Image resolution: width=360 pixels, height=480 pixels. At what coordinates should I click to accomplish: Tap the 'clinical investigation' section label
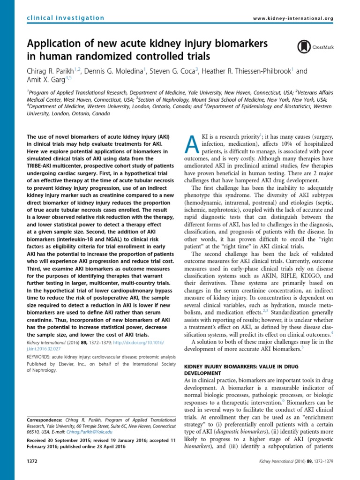point(66,18)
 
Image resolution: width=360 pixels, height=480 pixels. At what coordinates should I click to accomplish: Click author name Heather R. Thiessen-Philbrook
point(247,71)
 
